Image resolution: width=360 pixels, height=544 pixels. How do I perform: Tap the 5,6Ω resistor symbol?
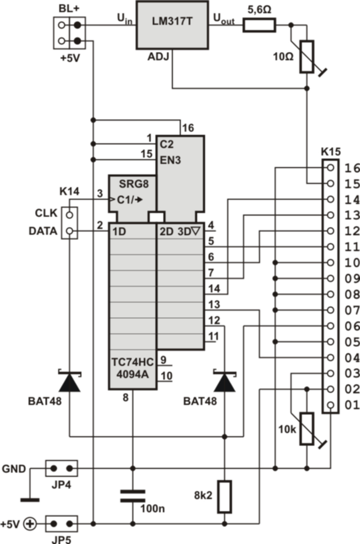[259, 25]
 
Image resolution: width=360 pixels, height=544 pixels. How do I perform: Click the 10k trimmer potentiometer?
[307, 429]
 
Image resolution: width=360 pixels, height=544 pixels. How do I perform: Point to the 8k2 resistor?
[225, 496]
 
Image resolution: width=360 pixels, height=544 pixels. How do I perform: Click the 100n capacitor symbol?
[132, 495]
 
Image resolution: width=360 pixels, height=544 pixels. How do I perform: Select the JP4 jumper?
[61, 468]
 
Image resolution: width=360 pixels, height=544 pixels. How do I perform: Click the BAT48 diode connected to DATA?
[70, 382]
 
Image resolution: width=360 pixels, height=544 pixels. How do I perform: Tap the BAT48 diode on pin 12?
[225, 382]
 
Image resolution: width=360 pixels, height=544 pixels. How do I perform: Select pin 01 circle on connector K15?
[330, 405]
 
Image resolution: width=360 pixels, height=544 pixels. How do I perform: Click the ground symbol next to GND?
[30, 497]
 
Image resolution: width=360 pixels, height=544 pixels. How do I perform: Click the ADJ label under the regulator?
[158, 57]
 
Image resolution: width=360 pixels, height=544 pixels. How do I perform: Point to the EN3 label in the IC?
[171, 159]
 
